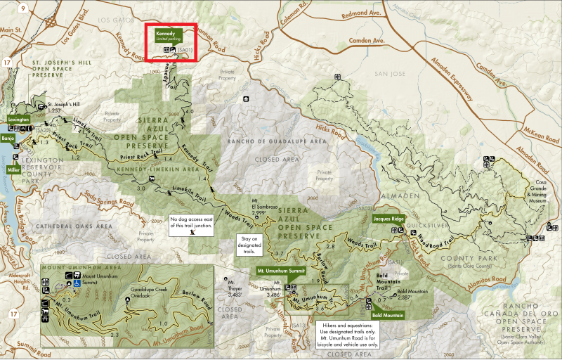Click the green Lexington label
click(x=18, y=120)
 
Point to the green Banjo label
click(x=8, y=139)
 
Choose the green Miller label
click(x=13, y=169)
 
